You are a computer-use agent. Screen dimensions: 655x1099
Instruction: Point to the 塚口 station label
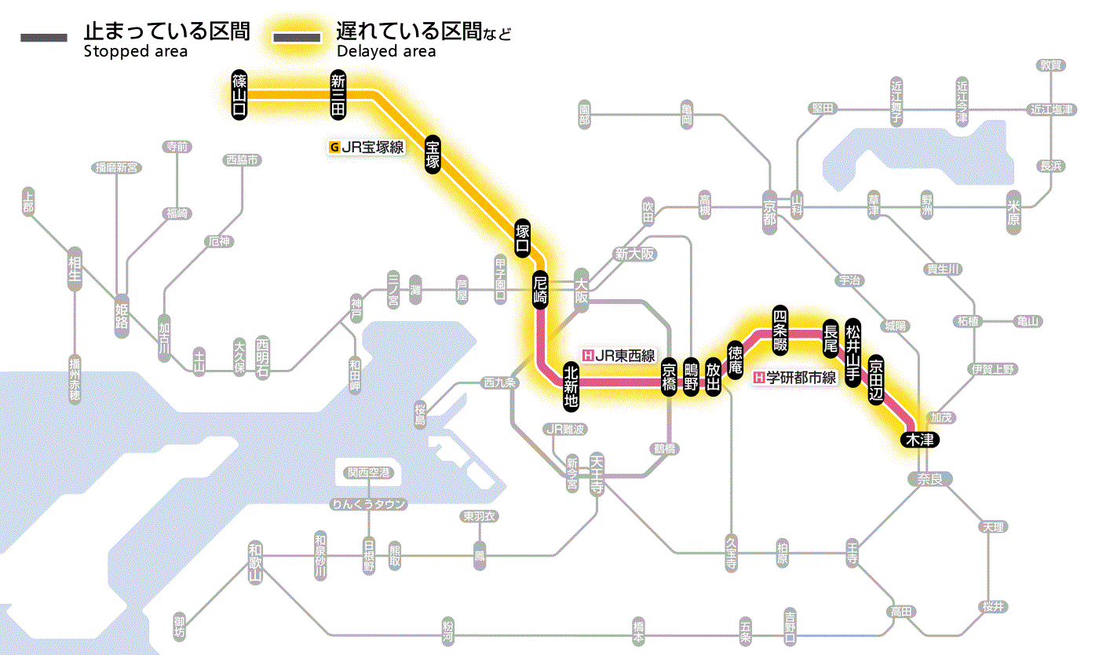pyautogui.click(x=523, y=239)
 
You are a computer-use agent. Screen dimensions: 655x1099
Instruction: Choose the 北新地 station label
pyautogui.click(x=571, y=386)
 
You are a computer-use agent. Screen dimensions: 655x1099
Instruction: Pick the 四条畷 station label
pyautogui.click(x=780, y=328)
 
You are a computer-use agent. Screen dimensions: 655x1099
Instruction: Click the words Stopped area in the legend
pyautogui.click(x=135, y=52)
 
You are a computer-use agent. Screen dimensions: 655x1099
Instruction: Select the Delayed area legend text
pyautogui.click(x=386, y=52)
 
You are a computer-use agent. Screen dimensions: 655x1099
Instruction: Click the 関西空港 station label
pyautogui.click(x=368, y=473)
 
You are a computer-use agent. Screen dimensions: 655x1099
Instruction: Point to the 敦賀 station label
pyautogui.click(x=1050, y=65)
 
